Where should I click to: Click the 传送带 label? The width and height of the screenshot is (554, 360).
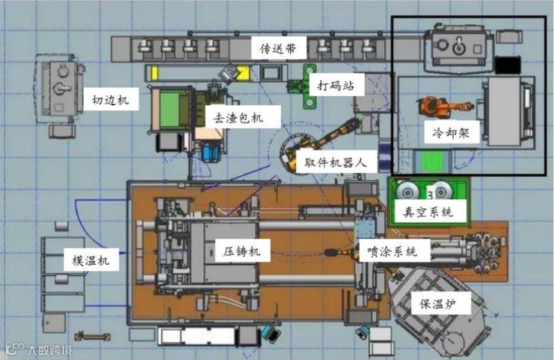tap(278, 49)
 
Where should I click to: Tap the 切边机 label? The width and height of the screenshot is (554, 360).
tap(110, 100)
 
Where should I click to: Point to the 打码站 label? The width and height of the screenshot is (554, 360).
tap(332, 86)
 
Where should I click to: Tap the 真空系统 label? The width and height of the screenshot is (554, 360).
tap(428, 212)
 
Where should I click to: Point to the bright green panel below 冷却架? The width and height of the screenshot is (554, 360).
tap(435, 162)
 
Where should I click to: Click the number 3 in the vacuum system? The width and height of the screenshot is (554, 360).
tap(428, 194)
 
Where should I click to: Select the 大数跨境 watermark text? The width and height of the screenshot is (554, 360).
tap(49, 349)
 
